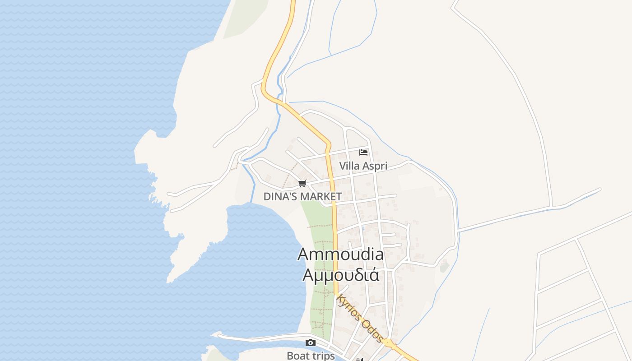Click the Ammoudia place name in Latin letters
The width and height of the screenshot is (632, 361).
pos(340,255)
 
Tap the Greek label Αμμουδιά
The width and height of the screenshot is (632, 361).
pos(340,274)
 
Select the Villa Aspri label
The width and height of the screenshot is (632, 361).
pos(363,166)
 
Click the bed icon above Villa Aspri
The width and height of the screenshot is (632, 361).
pos(363,153)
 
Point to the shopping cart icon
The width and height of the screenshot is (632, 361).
pos(302,183)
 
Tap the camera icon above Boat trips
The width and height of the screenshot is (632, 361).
pos(310,342)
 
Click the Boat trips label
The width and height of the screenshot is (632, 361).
pos(311,356)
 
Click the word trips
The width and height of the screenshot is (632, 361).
pos(322,356)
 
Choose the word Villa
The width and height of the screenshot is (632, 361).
pos(349,166)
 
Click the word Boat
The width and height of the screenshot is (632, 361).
pos(297,356)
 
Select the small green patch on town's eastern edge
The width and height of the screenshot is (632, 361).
pos(445,267)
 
